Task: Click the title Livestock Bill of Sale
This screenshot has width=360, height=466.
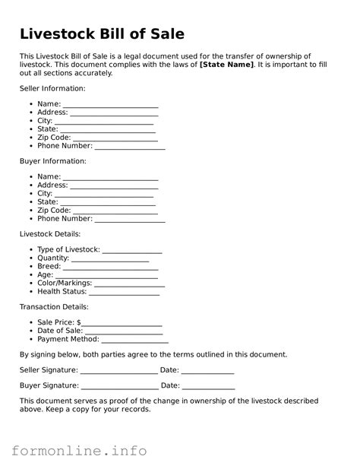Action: click(x=102, y=34)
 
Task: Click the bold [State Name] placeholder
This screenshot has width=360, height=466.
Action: click(x=226, y=64)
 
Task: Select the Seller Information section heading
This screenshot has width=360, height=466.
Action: click(x=52, y=89)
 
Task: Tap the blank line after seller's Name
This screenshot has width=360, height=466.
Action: click(x=110, y=104)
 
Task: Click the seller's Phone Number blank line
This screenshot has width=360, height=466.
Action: click(x=129, y=146)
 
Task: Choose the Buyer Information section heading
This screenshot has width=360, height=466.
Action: click(x=52, y=161)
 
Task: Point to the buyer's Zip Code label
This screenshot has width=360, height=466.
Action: click(x=54, y=211)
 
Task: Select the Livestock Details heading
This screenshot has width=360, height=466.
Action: click(x=49, y=234)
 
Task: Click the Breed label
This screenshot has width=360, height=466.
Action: click(x=49, y=267)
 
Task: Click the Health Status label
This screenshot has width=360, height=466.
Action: click(x=62, y=292)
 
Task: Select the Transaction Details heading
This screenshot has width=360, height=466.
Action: click(x=53, y=307)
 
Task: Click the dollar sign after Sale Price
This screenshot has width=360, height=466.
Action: click(x=78, y=322)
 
